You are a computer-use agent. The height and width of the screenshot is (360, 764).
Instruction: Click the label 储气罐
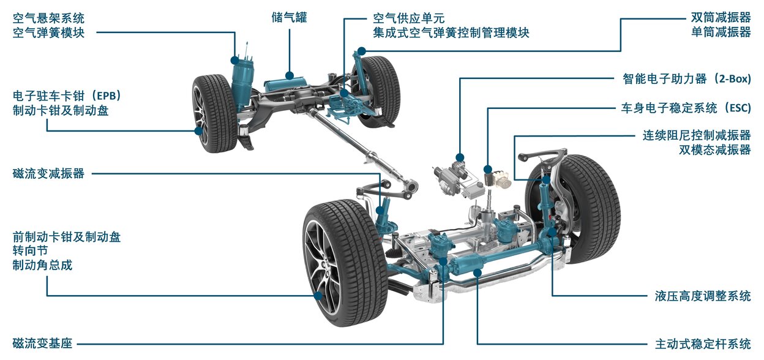(x=289, y=17)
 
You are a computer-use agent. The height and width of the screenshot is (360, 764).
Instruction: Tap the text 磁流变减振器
(x=48, y=173)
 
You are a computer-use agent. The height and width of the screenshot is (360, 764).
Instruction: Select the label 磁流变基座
(x=42, y=343)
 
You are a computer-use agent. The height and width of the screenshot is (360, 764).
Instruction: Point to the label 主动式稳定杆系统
(x=703, y=343)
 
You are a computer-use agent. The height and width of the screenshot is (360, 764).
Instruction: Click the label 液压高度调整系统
(x=703, y=296)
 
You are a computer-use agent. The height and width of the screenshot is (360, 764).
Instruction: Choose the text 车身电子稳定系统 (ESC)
(x=686, y=108)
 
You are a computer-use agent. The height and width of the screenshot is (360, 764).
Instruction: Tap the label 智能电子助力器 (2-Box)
(x=687, y=79)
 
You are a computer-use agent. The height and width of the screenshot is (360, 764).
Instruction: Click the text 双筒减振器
(x=721, y=17)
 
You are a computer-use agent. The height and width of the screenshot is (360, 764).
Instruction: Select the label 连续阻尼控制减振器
(x=697, y=135)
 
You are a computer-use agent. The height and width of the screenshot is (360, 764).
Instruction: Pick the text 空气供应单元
(x=408, y=18)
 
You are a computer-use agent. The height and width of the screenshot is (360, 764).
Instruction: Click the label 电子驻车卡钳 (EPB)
(x=67, y=96)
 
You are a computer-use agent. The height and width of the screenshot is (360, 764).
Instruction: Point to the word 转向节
(x=31, y=251)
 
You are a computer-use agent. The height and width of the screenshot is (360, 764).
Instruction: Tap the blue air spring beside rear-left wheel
(x=242, y=84)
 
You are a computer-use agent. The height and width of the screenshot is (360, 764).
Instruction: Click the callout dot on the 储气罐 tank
(x=290, y=75)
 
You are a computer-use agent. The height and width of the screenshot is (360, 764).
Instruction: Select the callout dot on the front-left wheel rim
(x=318, y=296)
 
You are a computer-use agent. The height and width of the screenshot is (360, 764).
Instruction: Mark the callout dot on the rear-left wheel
(x=198, y=130)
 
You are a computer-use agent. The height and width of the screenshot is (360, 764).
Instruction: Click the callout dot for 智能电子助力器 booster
(x=460, y=157)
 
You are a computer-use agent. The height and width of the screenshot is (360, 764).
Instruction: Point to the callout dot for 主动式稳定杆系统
(x=478, y=272)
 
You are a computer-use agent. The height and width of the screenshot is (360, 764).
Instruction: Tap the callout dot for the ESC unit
(x=488, y=169)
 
